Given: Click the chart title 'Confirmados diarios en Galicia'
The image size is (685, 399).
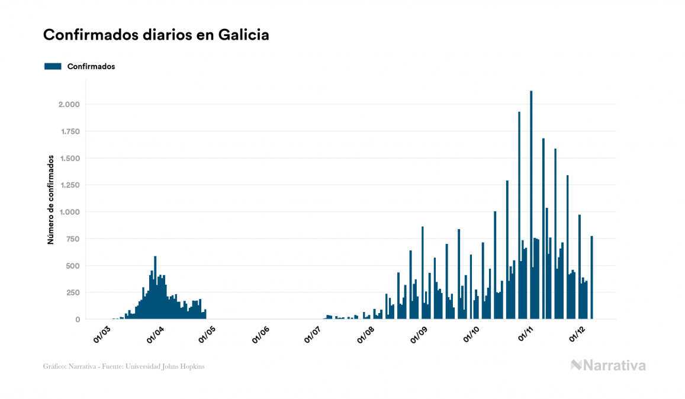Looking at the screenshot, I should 156,35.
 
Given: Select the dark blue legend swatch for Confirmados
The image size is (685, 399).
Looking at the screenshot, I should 53,66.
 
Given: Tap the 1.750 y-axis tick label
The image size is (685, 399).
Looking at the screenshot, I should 69,131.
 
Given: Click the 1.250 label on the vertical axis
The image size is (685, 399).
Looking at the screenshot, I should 69,185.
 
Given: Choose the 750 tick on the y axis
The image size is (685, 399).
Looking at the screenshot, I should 72,239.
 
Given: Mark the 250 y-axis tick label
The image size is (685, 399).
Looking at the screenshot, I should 72,292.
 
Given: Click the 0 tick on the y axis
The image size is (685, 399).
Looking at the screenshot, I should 78,319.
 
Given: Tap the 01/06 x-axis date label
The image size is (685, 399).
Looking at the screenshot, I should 262,334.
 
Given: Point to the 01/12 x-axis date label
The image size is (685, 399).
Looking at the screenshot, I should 578,334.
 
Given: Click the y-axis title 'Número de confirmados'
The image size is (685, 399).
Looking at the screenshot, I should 52,199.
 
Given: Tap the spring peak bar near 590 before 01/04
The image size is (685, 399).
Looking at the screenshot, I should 155,288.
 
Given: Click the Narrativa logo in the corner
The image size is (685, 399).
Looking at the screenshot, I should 608,365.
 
